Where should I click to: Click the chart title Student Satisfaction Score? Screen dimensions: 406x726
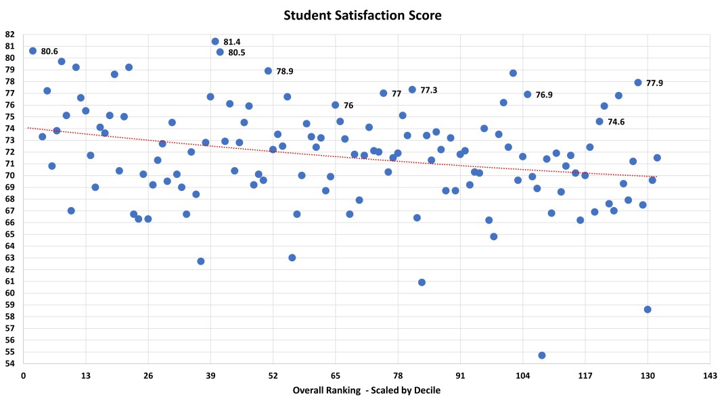(x=363, y=14)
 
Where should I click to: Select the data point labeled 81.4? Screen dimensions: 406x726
(x=215, y=41)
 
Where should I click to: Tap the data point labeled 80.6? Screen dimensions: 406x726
(x=32, y=51)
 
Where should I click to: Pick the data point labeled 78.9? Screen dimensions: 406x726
(x=268, y=71)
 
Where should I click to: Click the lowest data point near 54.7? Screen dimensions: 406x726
(x=542, y=355)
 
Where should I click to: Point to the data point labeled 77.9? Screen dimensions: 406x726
(x=638, y=83)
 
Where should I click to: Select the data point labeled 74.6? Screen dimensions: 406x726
(x=599, y=122)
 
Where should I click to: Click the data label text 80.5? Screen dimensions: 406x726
(x=237, y=53)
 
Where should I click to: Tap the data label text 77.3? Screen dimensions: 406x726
(x=429, y=90)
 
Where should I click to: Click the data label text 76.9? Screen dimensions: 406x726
(x=544, y=95)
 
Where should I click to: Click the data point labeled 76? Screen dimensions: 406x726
(x=336, y=105)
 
